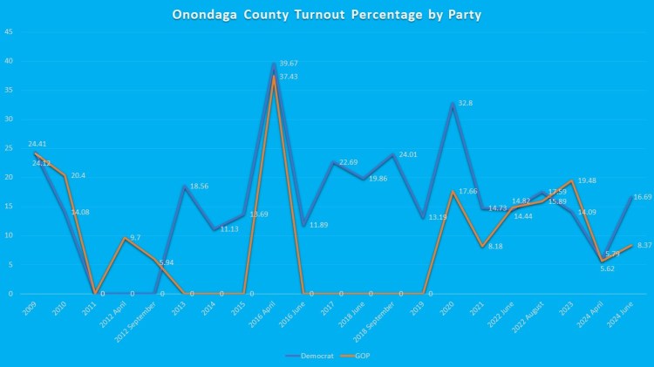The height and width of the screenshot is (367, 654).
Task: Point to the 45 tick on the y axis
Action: click(x=8, y=32)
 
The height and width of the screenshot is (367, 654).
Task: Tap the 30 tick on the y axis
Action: click(x=8, y=119)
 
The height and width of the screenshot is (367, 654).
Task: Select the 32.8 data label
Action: click(x=466, y=103)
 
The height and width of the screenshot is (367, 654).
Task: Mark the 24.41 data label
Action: click(x=37, y=144)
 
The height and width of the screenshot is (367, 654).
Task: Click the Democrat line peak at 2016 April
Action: click(x=274, y=64)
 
